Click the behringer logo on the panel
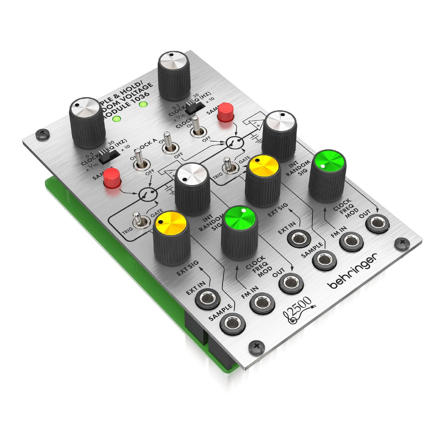[x=353, y=271]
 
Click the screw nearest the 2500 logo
[x=257, y=346]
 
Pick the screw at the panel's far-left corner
[x=42, y=133]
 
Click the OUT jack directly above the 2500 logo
[x=291, y=282]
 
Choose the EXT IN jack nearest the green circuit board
[x=207, y=299]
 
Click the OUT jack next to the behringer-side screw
[x=377, y=224]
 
